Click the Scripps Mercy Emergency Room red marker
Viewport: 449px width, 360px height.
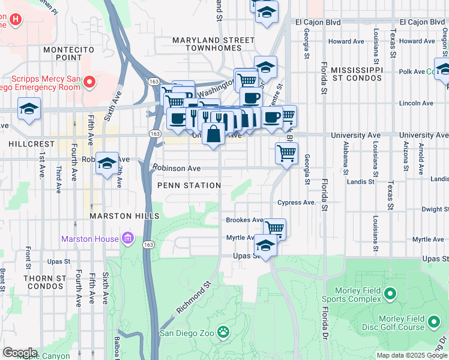[x=90, y=81]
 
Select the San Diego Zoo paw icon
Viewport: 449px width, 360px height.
[x=223, y=331]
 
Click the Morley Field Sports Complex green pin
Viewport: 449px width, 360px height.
[x=390, y=294]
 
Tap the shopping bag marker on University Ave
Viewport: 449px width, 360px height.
[x=213, y=134]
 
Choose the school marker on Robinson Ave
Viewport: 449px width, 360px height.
[x=107, y=163]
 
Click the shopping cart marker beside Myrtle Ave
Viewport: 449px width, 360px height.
[x=274, y=228]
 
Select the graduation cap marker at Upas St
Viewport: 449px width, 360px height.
[x=265, y=245]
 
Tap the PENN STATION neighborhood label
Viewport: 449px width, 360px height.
[x=189, y=185]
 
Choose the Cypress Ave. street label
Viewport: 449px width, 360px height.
[x=297, y=203]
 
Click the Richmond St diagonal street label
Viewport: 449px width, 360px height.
[x=194, y=298]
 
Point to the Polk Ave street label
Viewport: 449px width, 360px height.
[x=411, y=71]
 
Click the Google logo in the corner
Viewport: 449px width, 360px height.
[x=20, y=352]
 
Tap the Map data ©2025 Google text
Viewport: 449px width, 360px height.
[x=412, y=355]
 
